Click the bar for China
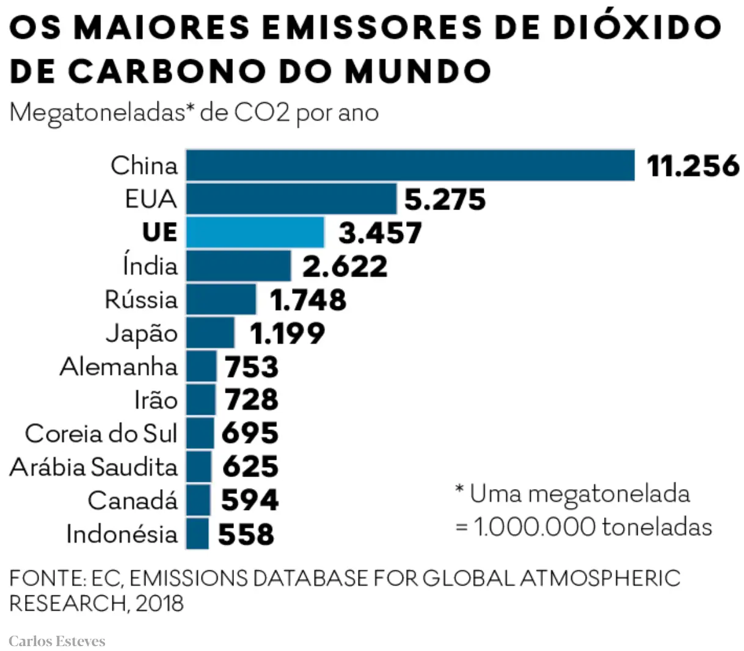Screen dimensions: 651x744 [410, 165]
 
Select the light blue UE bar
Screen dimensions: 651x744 [255, 233]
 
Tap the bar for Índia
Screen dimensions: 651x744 [238, 266]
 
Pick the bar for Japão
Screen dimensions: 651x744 [210, 333]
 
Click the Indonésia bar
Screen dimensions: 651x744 [197, 534]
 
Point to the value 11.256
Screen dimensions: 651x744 [692, 165]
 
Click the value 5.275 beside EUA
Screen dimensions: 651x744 [445, 200]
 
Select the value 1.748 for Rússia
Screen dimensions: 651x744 [308, 300]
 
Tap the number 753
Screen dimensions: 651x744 [251, 367]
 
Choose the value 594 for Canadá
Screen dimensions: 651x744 [249, 500]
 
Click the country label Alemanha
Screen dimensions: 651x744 [119, 367]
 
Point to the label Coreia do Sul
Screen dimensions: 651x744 [101, 434]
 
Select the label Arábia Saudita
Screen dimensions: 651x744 [93, 467]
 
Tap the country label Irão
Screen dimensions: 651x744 [156, 401]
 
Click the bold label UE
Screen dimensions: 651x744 [159, 233]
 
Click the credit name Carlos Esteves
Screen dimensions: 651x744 [57, 641]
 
